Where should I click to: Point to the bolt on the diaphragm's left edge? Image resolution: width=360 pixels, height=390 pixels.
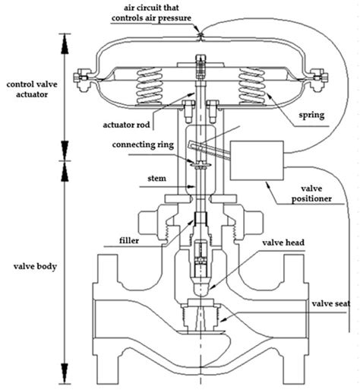pyautogui.click(x=81, y=78)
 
